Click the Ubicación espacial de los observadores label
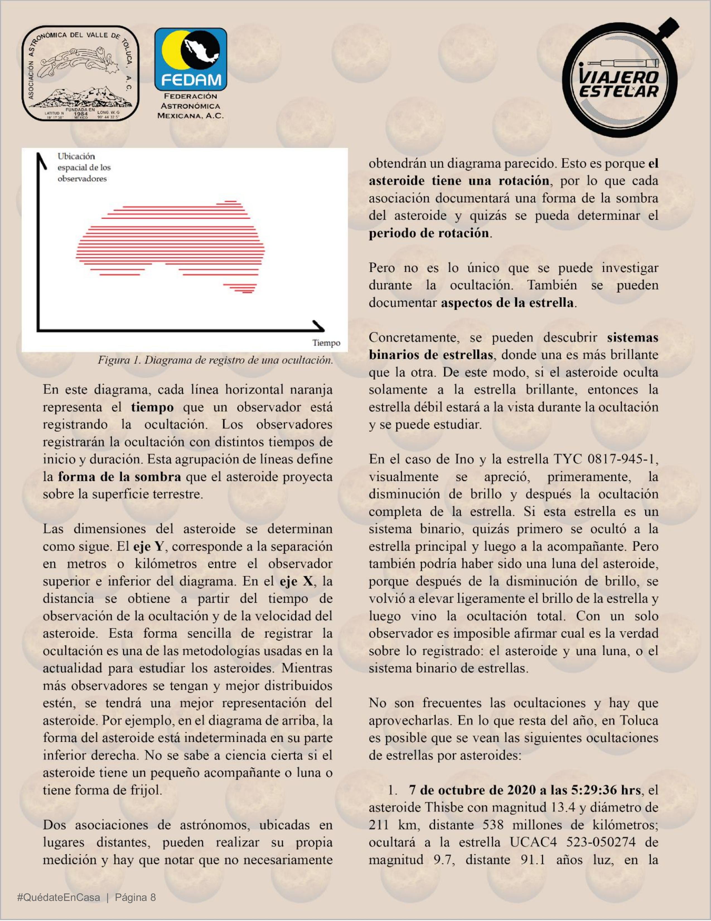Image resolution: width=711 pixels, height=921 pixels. [84, 167]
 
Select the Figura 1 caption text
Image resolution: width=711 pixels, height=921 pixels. [215, 360]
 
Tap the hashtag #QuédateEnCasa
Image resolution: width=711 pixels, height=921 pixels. [59, 897]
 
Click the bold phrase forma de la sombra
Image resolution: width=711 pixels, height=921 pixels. [120, 477]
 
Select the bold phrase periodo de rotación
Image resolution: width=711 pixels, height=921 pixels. [429, 233]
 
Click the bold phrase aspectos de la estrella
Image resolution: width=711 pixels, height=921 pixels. [507, 303]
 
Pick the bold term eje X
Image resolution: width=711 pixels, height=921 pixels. [297, 581]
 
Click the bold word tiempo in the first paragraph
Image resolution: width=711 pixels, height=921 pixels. [152, 407]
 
